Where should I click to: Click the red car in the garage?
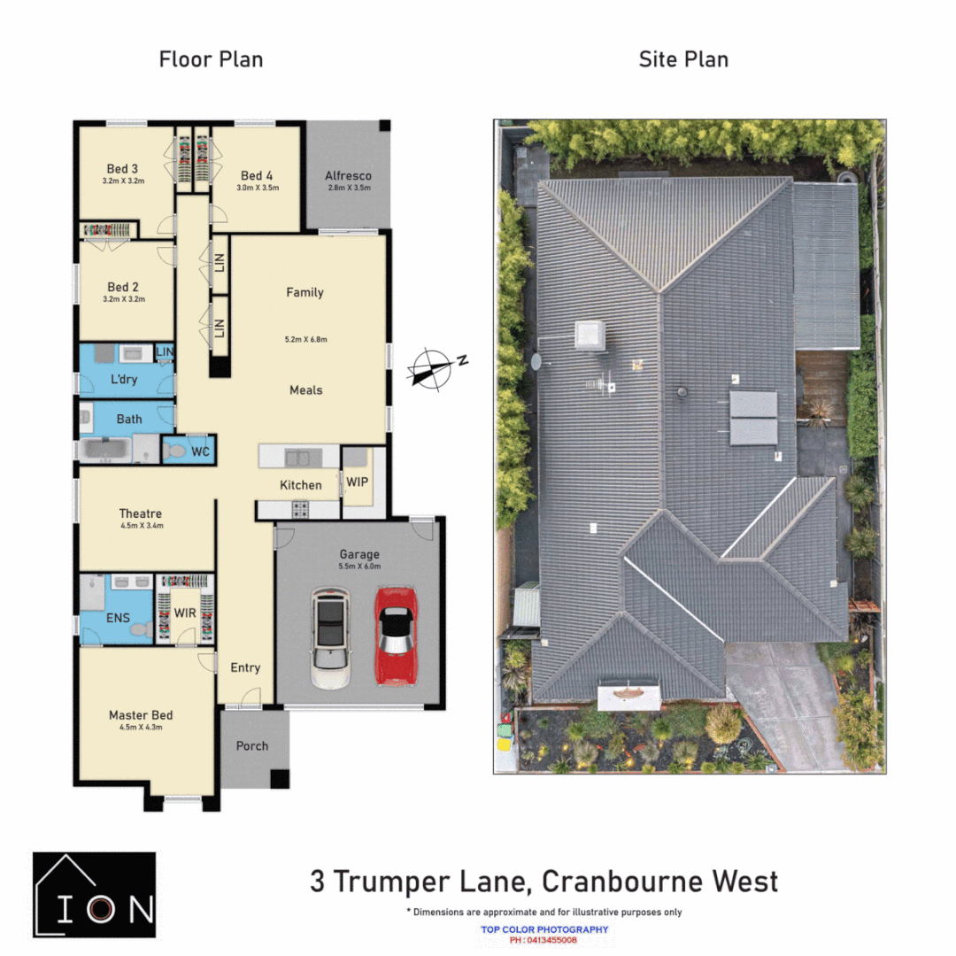[396, 636]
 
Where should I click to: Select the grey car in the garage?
[330, 639]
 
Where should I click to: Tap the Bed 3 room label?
[122, 168]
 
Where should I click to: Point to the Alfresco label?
[348, 175]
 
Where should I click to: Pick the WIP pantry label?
[357, 482]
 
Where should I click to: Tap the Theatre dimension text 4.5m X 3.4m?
[141, 526]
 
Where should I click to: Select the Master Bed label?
[141, 714]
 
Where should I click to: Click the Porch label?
[251, 745]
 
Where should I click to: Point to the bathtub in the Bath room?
[108, 450]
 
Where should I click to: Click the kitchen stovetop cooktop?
[300, 509]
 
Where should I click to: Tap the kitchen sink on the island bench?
[297, 458]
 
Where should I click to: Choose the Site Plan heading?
[683, 59]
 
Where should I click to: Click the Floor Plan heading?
[211, 59]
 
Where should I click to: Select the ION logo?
[94, 890]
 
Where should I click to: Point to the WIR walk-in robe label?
[184, 613]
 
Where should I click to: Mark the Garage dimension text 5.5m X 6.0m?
[358, 567]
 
